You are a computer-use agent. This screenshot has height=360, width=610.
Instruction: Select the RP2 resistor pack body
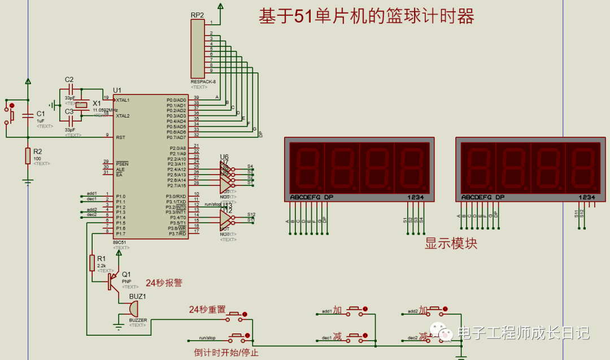tap(198, 49)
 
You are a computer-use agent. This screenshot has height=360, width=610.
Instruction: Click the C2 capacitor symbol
tap(70, 90)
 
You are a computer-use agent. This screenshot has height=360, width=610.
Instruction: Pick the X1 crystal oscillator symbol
tap(82, 105)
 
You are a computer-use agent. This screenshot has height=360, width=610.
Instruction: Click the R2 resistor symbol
tap(28, 156)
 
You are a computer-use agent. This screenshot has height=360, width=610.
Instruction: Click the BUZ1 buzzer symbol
tap(133, 309)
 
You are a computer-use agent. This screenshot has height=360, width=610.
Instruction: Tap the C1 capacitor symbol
tap(28, 116)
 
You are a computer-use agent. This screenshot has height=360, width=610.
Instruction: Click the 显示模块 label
tap(451, 244)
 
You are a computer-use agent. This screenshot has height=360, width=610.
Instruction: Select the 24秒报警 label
tap(164, 283)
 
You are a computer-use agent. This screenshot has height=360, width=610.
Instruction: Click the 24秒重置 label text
tap(207, 310)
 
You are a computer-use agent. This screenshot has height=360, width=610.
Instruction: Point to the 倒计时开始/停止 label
tap(226, 353)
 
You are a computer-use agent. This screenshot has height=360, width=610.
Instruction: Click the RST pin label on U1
tap(120, 137)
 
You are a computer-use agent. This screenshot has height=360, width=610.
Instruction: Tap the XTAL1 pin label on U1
tap(123, 100)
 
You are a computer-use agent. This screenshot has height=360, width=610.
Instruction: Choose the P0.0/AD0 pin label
tap(176, 100)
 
